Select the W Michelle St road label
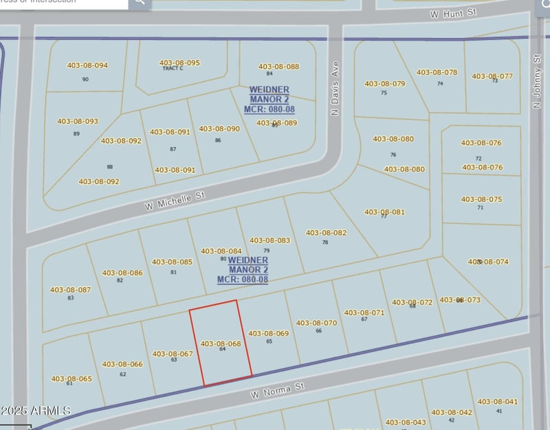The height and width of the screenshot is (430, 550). [175, 201]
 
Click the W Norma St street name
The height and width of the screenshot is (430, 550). [277, 391]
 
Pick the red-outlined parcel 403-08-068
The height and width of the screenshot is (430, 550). [220, 343]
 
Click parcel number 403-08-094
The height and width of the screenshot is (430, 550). [87, 66]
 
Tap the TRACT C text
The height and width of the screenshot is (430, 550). [173, 68]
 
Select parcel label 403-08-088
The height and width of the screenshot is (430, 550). [278, 67]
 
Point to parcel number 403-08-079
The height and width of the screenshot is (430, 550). [385, 84]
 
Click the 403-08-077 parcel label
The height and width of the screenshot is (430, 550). [492, 76]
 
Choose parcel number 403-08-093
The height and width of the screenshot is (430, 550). [78, 122]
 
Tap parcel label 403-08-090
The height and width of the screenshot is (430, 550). [219, 128]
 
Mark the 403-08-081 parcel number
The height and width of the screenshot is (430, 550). [384, 212]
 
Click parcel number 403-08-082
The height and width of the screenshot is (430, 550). [326, 233]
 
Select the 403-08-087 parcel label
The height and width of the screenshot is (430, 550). [70, 290]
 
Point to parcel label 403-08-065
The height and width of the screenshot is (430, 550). [71, 378]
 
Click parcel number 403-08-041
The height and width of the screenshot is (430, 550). [497, 401]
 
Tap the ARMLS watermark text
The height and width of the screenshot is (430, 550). [36, 411]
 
